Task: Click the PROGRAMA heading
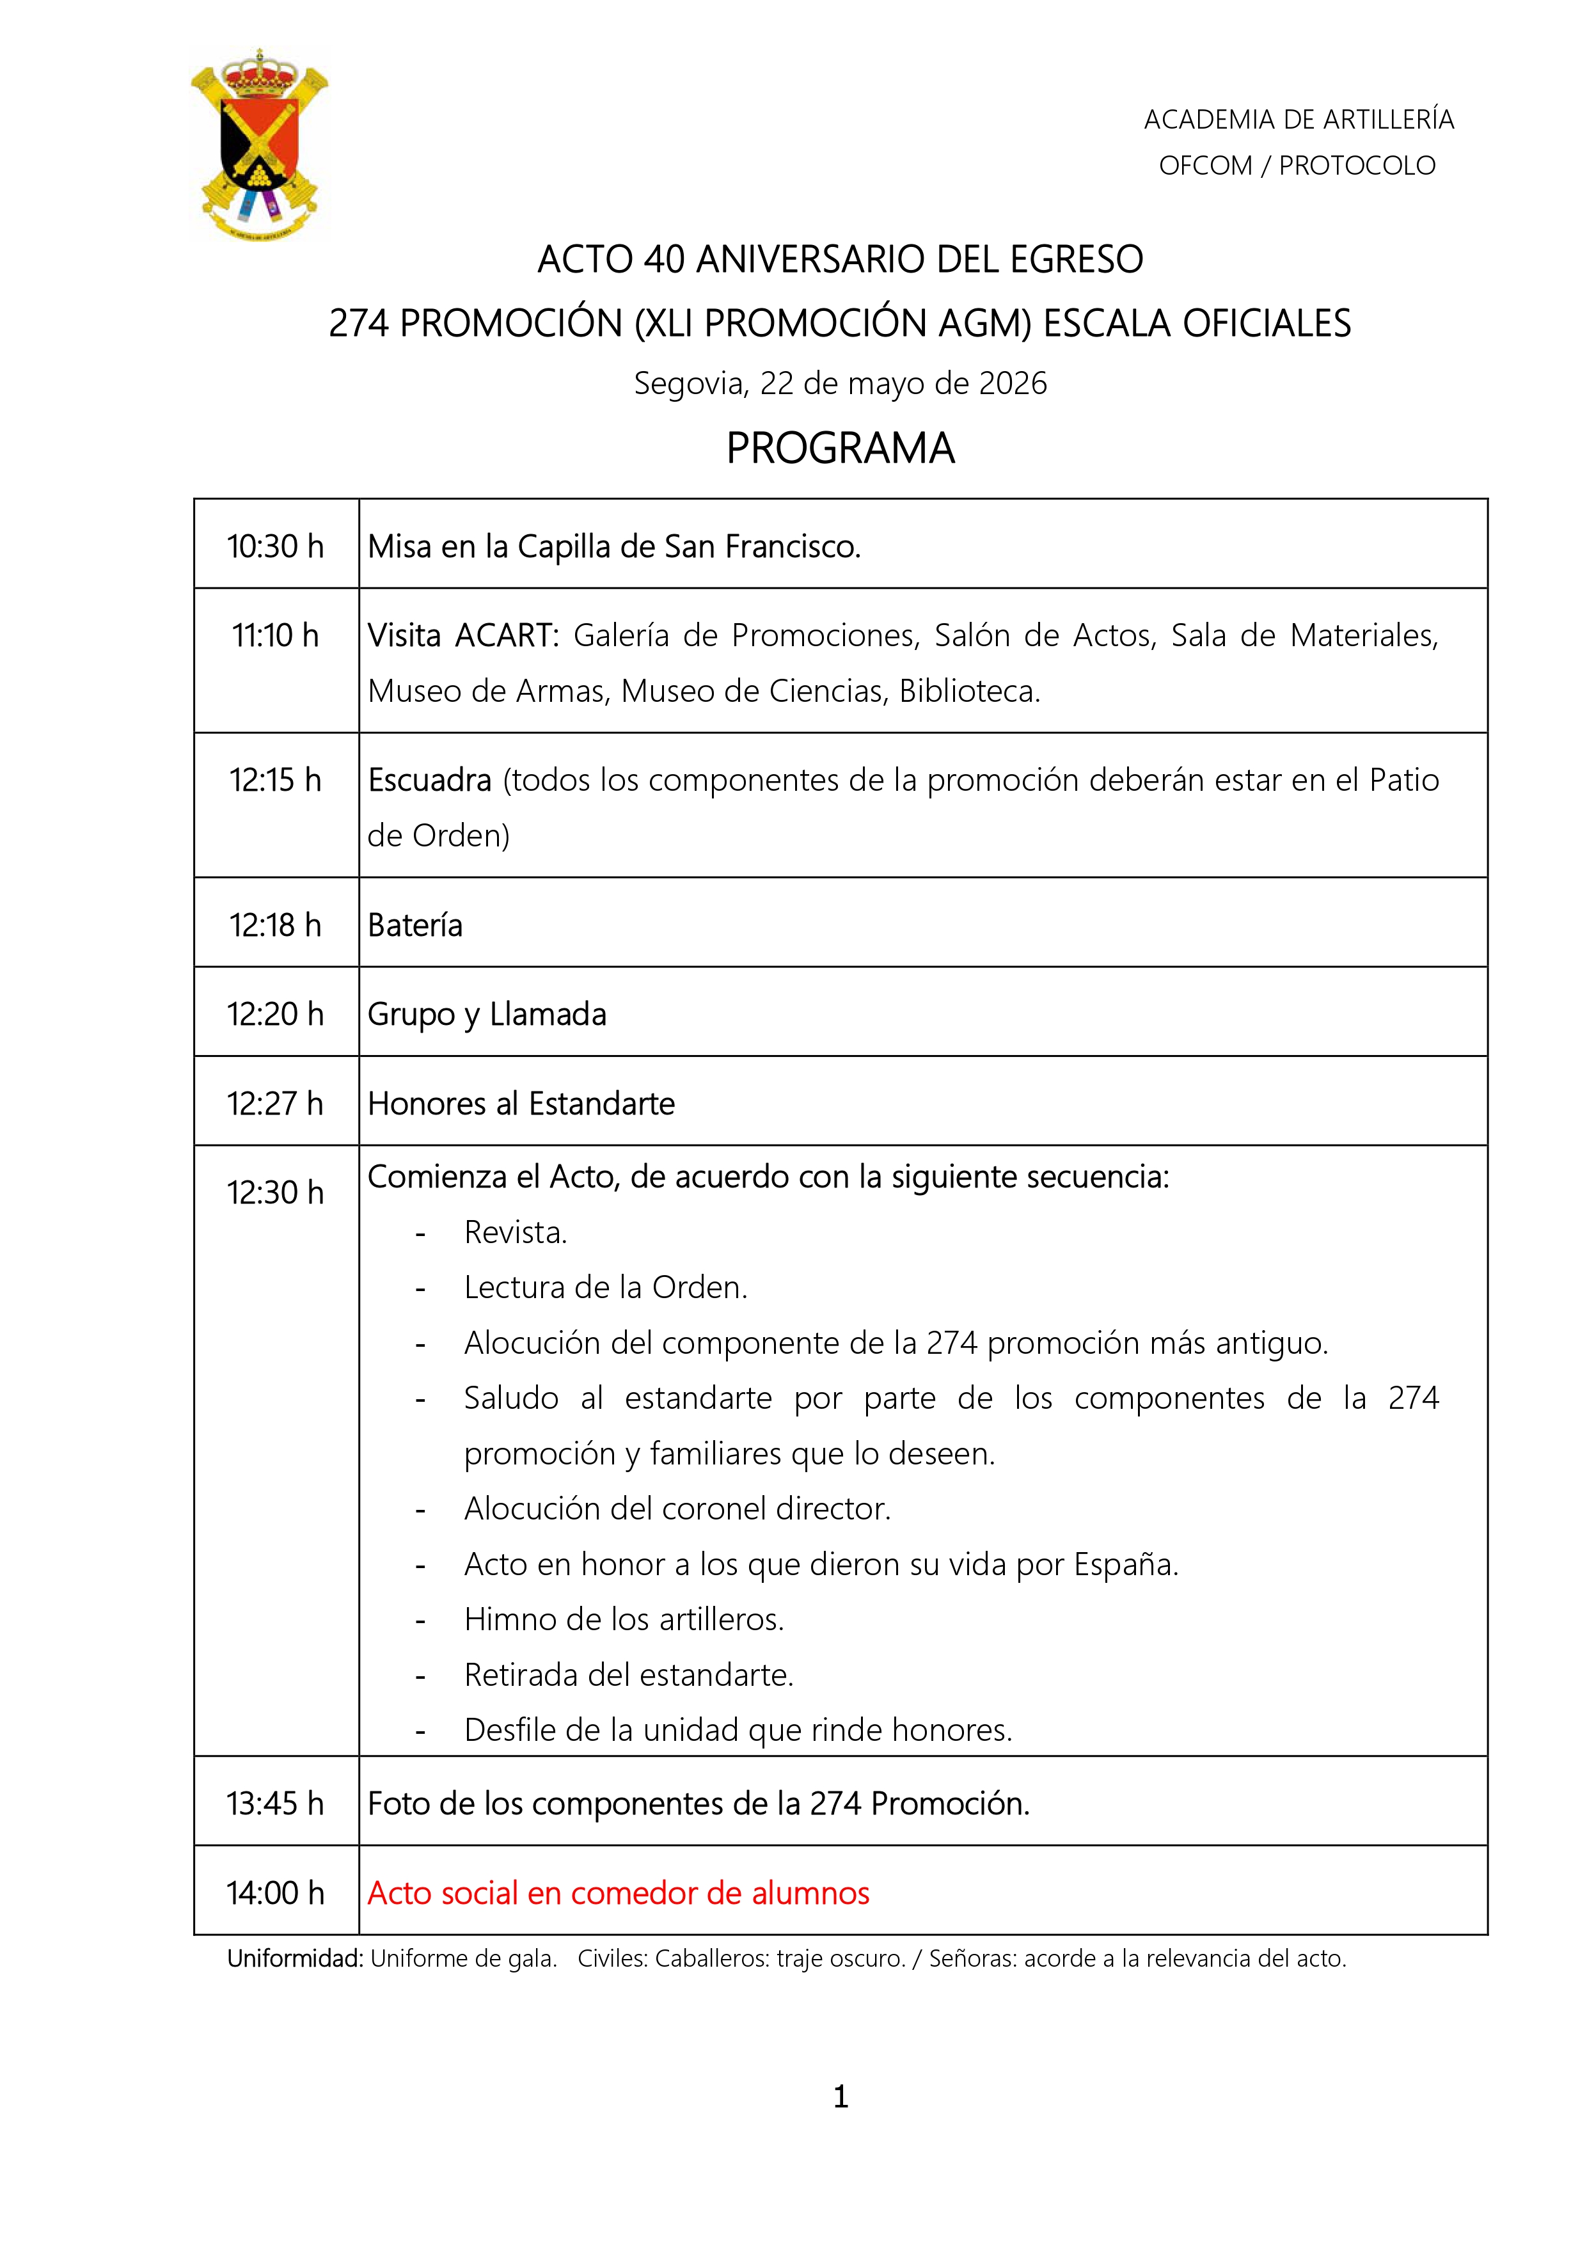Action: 840,448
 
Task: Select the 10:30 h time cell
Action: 276,546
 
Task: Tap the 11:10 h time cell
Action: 276,635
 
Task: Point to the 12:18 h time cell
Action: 276,925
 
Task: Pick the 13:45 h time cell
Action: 276,1803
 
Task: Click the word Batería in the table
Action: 415,925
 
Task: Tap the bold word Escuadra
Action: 429,781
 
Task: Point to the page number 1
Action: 840,2097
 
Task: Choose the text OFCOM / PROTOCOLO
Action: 1297,165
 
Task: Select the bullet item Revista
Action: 516,1232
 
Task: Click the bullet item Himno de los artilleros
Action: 624,1619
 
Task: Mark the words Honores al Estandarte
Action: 521,1104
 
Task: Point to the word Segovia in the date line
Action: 690,383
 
